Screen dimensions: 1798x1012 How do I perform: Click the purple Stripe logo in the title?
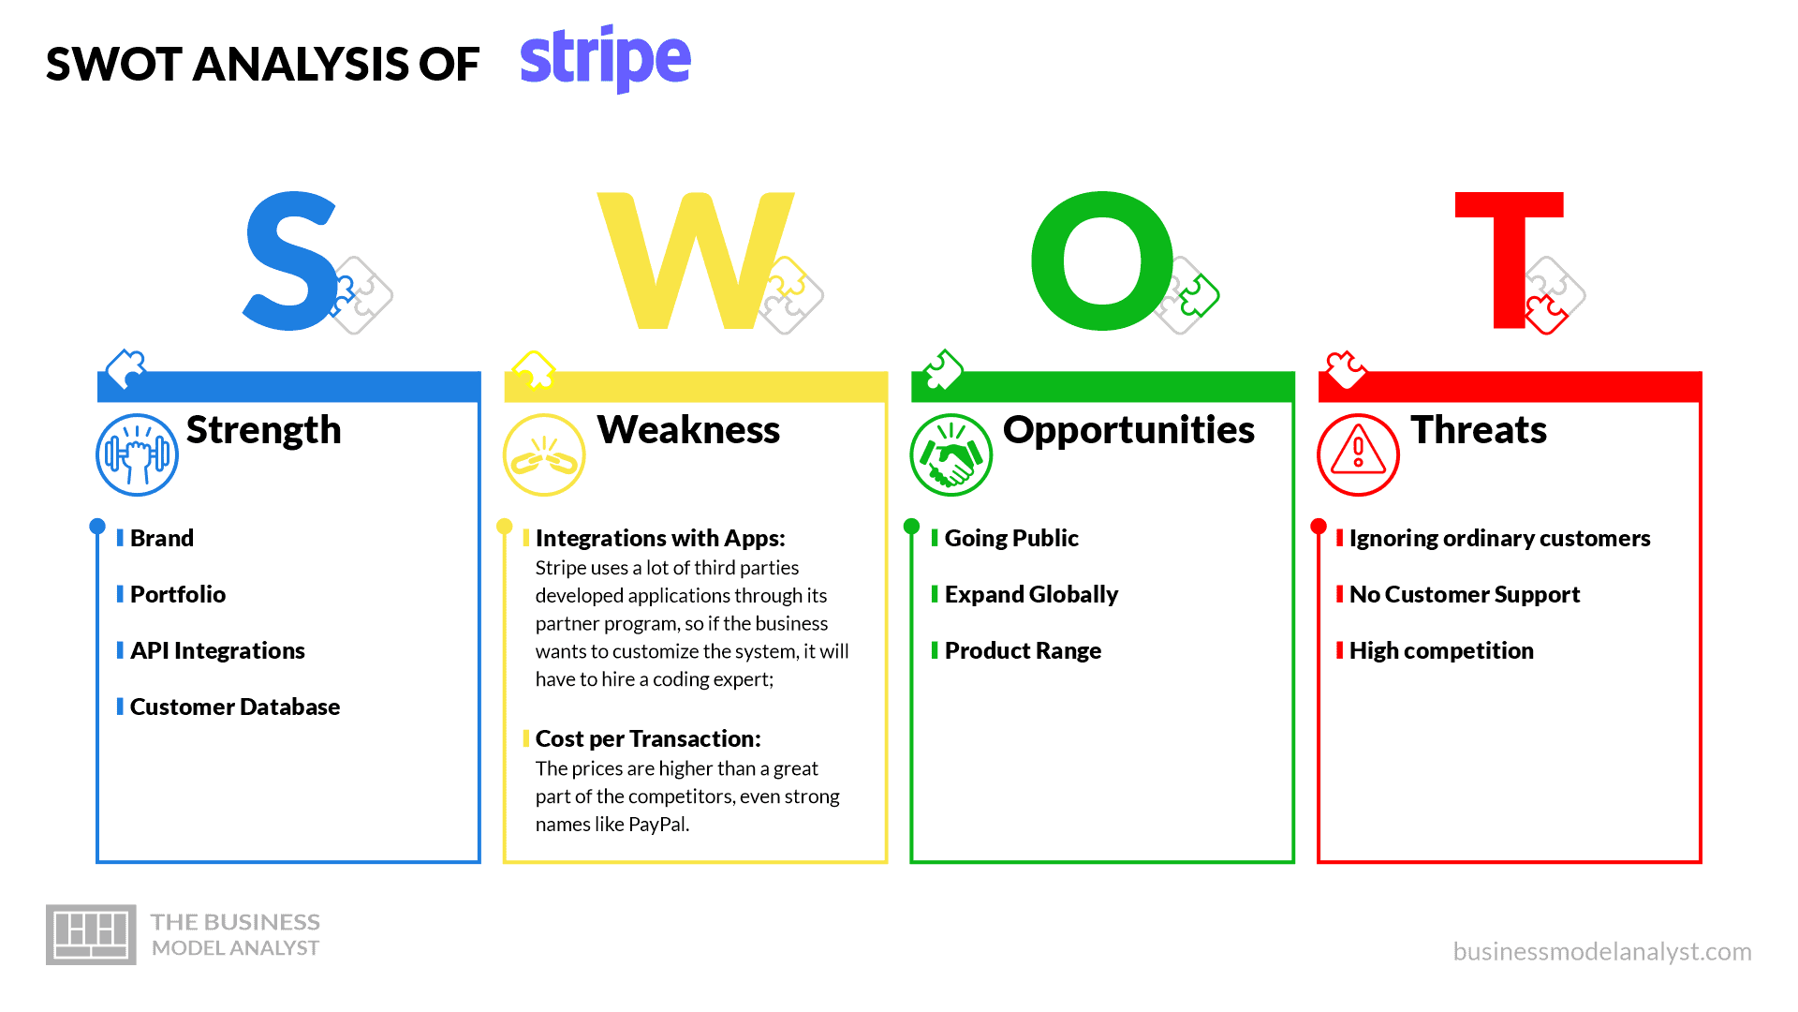(605, 59)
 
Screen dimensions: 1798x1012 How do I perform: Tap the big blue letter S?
(290, 261)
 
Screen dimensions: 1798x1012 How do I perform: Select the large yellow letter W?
(695, 261)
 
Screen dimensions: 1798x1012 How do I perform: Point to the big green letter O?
(1102, 261)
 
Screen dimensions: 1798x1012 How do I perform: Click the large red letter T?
(1510, 261)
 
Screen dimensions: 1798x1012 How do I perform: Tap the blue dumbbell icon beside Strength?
(138, 454)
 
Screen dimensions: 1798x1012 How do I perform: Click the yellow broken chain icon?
(544, 454)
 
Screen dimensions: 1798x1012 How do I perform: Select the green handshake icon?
(951, 454)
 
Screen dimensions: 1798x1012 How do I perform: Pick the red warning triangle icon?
(1358, 454)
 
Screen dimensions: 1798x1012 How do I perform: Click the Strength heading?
(264, 430)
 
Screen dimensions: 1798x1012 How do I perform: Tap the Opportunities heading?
(1128, 430)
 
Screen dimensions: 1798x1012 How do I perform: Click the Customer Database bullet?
(235, 707)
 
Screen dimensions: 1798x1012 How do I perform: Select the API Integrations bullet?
(217, 650)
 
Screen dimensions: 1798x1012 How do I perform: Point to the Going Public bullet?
(1011, 538)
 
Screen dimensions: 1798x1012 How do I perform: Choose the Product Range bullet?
(1023, 650)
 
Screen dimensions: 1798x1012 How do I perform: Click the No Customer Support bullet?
(1465, 594)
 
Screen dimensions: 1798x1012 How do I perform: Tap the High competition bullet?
(1441, 650)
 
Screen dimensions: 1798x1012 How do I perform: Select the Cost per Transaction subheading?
(648, 738)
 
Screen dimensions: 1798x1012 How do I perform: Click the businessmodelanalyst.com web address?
(1602, 951)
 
